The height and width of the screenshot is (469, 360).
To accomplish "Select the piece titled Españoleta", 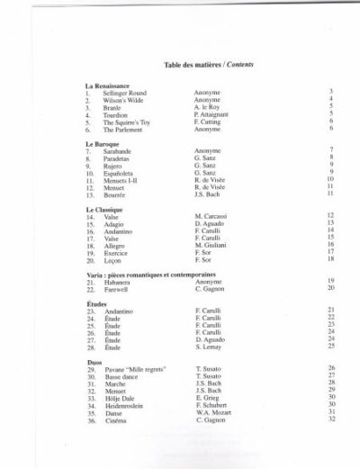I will click(x=121, y=172).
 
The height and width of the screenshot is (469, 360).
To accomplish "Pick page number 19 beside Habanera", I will click(x=330, y=282).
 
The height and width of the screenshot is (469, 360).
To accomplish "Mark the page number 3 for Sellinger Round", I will click(x=331, y=92).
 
